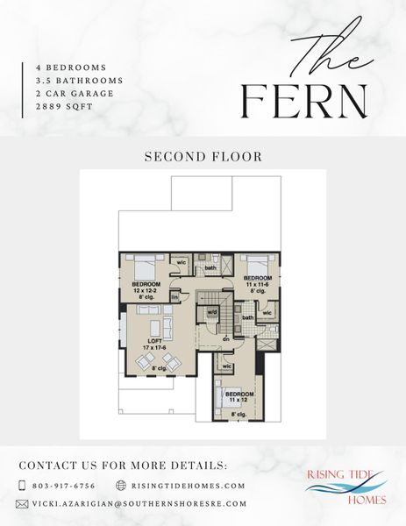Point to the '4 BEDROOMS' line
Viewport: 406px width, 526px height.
point(71,67)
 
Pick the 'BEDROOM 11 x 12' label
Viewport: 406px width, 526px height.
point(239,397)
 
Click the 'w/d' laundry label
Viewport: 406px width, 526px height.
point(212,312)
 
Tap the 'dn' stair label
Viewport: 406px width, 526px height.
point(225,338)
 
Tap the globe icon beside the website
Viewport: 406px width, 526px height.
point(121,485)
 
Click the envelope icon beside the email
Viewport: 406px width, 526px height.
point(23,504)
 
